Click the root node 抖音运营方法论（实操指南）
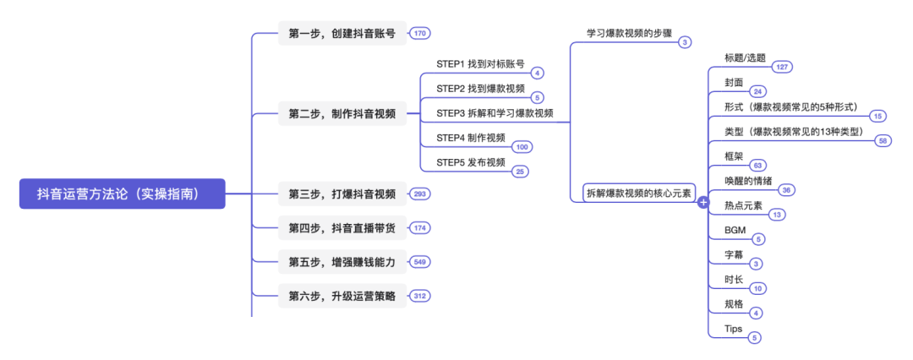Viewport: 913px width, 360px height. point(123,194)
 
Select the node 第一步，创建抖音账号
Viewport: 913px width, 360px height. point(342,33)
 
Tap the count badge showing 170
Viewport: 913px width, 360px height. point(420,34)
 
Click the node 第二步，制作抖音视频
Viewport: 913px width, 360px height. point(342,113)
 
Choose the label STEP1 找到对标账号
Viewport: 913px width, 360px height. point(480,63)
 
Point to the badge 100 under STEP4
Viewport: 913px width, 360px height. point(522,147)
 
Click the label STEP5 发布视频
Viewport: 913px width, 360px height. point(471,162)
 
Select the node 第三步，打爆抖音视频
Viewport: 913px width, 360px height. point(342,194)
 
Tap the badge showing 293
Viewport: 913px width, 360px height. point(420,194)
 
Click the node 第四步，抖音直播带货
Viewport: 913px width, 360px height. point(342,228)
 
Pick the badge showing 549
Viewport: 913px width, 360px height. point(420,262)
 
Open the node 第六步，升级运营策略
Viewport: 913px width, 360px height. point(342,296)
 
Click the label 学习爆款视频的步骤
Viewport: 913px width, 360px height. point(630,33)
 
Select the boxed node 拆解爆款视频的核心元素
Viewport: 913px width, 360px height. point(639,194)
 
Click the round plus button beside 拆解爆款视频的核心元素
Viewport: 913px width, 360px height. point(703,203)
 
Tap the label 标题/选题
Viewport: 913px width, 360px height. point(745,57)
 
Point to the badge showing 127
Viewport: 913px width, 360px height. point(781,67)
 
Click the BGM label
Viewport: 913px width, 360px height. point(735,230)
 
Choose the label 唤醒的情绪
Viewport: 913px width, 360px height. point(748,181)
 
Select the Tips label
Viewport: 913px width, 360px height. point(734,328)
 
